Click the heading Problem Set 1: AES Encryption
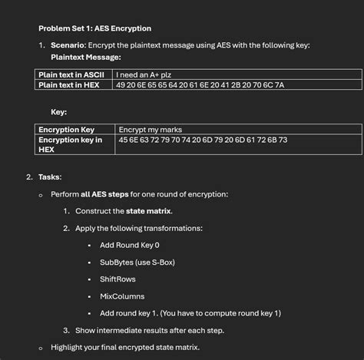94,28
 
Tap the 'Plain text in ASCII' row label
71,74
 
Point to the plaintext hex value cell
200,84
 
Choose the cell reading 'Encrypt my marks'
151,130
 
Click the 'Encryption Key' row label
67,130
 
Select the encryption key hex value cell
203,140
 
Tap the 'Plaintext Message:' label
86,57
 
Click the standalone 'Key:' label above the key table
58,112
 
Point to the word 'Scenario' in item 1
67,45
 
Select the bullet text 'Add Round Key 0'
130,245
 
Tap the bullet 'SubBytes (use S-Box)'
137,262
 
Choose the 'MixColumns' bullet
122,296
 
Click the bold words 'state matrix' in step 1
150,211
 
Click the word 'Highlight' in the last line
68,347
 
